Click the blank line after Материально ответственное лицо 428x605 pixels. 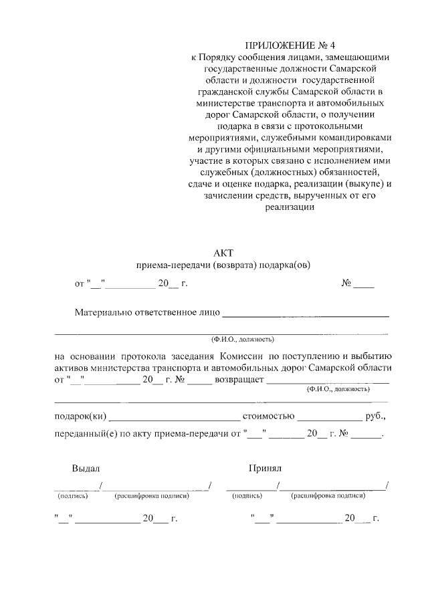(x=305, y=312)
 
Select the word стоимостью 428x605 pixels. (x=268, y=416)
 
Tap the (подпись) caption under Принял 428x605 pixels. (x=247, y=496)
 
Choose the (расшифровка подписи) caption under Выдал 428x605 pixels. (x=152, y=496)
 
